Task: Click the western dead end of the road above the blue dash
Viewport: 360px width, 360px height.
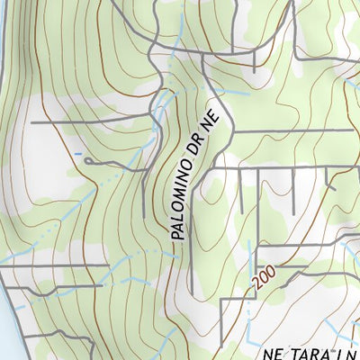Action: pos(32,121)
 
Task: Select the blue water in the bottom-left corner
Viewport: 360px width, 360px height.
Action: pos(4,337)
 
